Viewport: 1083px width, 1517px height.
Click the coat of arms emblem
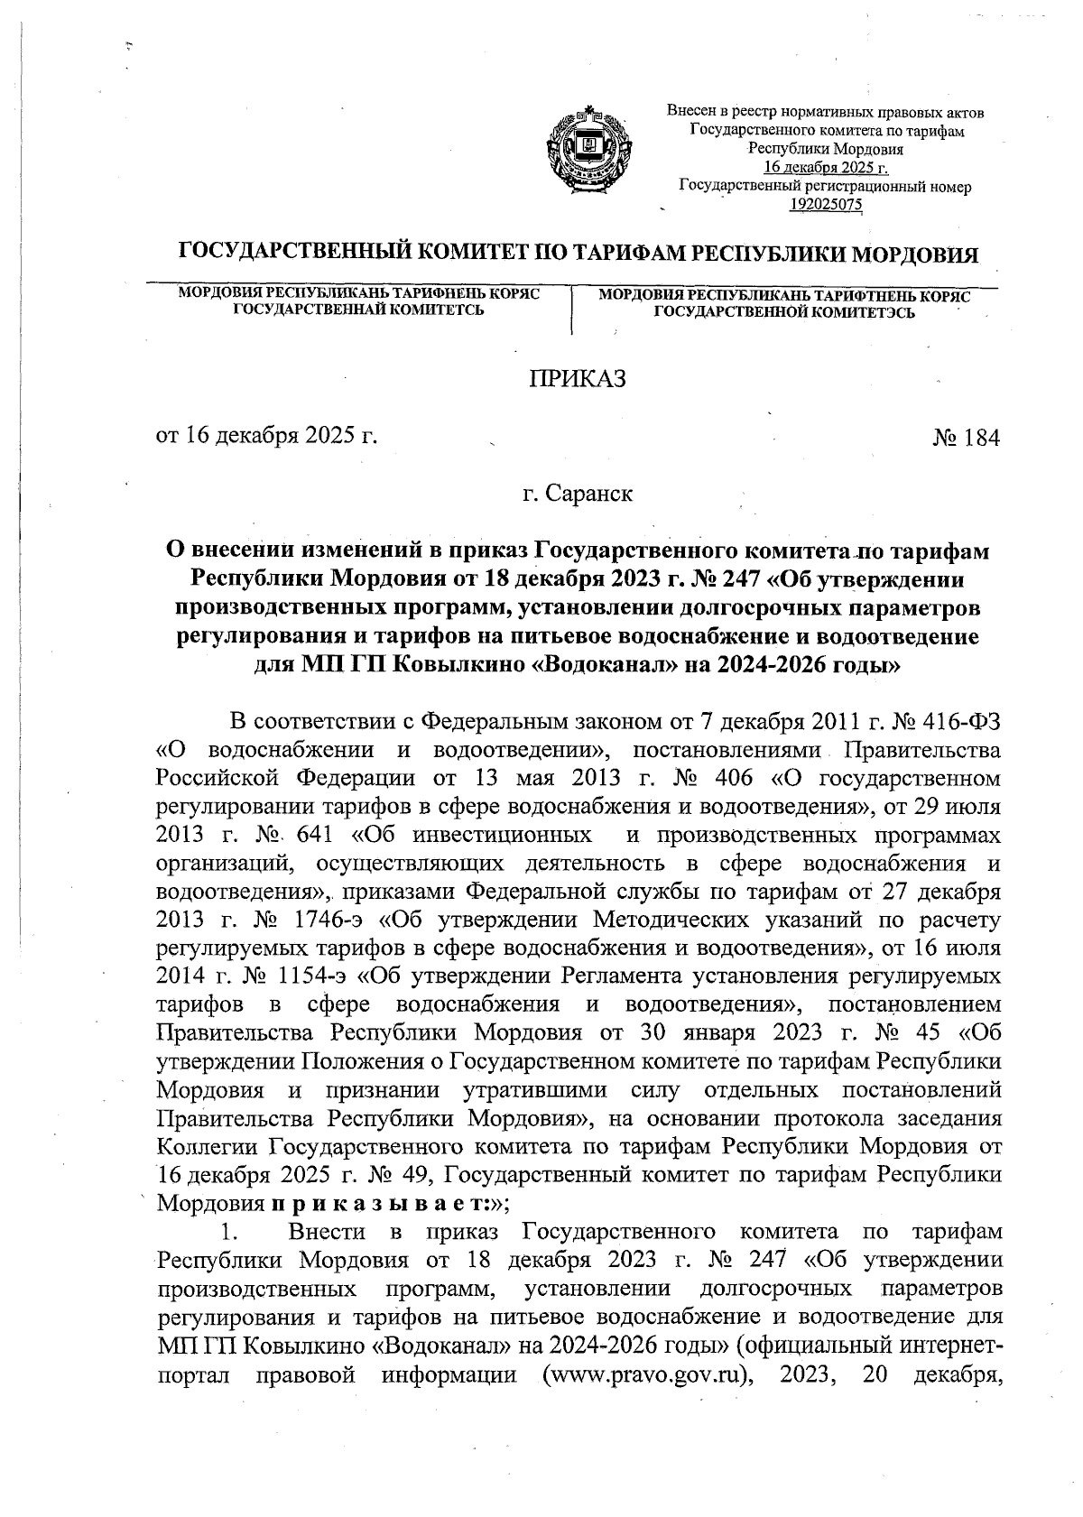pyautogui.click(x=590, y=149)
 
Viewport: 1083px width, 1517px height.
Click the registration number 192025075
pyautogui.click(x=827, y=204)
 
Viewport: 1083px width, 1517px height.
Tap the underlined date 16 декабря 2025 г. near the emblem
pyautogui.click(x=827, y=169)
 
